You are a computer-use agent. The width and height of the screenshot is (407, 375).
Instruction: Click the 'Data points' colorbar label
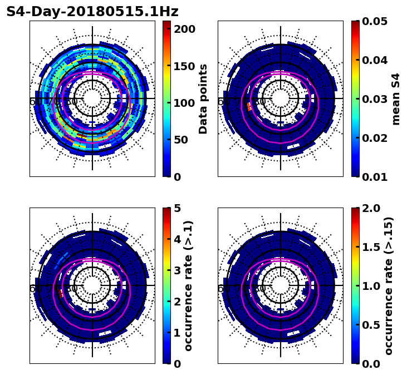coord(203,99)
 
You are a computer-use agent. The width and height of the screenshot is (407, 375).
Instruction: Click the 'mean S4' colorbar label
coord(396,99)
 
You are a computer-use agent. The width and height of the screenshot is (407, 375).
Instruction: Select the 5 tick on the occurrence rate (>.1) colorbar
coord(177,208)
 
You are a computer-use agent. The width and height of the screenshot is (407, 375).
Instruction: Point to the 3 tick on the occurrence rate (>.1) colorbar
coord(177,270)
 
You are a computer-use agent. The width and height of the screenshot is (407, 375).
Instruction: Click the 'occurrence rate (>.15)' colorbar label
coord(389,286)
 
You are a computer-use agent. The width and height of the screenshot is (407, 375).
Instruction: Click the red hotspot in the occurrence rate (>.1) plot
coord(60,292)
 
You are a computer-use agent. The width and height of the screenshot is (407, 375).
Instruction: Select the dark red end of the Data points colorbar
coord(166,23)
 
